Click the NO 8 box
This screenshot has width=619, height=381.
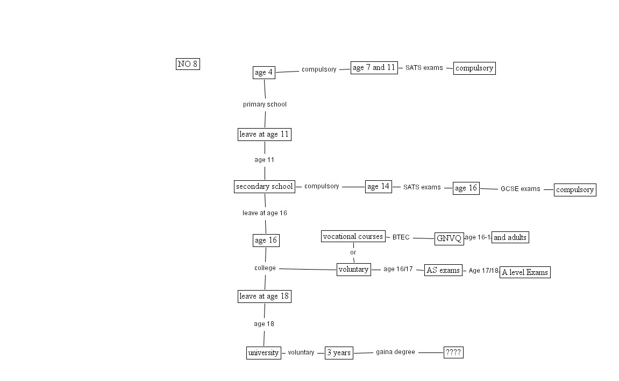188,64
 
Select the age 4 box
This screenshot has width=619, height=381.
264,73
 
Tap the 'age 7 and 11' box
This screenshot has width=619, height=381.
374,68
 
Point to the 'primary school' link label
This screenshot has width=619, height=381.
265,104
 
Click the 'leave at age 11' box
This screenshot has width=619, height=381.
265,135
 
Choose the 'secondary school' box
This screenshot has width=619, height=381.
265,187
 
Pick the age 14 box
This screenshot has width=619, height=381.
378,187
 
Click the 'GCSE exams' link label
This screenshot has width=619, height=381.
520,189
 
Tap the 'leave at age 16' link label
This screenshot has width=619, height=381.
265,213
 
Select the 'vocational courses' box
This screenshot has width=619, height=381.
353,236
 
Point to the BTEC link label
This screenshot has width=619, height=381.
401,237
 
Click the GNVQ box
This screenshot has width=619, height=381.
449,239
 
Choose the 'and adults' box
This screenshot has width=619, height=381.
510,237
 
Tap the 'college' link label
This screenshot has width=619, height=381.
265,268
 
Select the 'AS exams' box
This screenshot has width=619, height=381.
443,270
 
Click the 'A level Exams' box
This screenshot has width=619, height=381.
525,272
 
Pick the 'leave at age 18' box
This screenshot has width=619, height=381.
265,297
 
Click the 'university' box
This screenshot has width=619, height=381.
264,353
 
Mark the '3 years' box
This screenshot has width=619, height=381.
339,353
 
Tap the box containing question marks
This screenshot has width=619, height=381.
453,352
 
